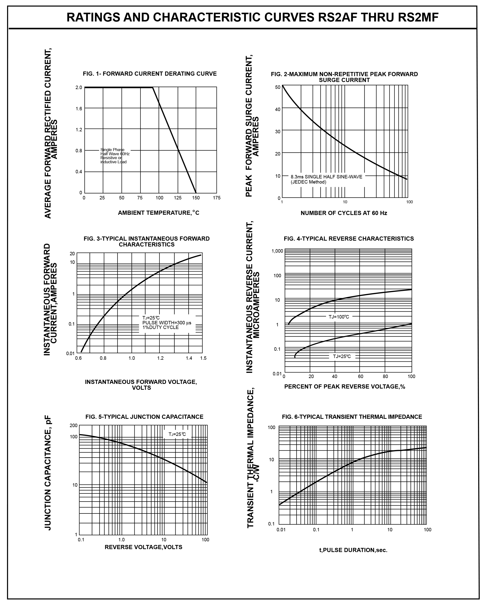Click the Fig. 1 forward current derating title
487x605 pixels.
click(x=150, y=74)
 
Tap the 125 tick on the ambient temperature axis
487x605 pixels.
click(x=178, y=198)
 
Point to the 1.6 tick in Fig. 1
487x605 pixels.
click(x=79, y=109)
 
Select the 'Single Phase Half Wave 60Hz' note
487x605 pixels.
click(x=115, y=152)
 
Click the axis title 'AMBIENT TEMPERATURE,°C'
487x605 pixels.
click(x=159, y=213)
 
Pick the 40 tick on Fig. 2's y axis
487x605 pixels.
click(x=277, y=109)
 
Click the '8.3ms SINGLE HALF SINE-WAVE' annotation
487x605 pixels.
click(x=326, y=177)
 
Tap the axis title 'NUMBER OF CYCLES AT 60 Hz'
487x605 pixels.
click(x=344, y=213)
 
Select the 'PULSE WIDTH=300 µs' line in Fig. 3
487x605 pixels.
click(x=167, y=323)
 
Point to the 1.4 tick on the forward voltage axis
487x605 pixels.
click(x=189, y=358)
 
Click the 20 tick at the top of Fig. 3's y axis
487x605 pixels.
click(x=72, y=254)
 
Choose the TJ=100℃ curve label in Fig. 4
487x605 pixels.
click(x=339, y=317)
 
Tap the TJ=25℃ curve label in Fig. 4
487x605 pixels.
click(x=342, y=356)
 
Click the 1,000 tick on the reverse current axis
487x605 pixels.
click(x=277, y=251)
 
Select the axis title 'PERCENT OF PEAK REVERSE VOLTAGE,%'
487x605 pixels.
click(x=345, y=386)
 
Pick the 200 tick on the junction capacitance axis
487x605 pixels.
click(x=74, y=425)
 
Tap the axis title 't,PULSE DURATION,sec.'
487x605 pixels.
click(x=353, y=550)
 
